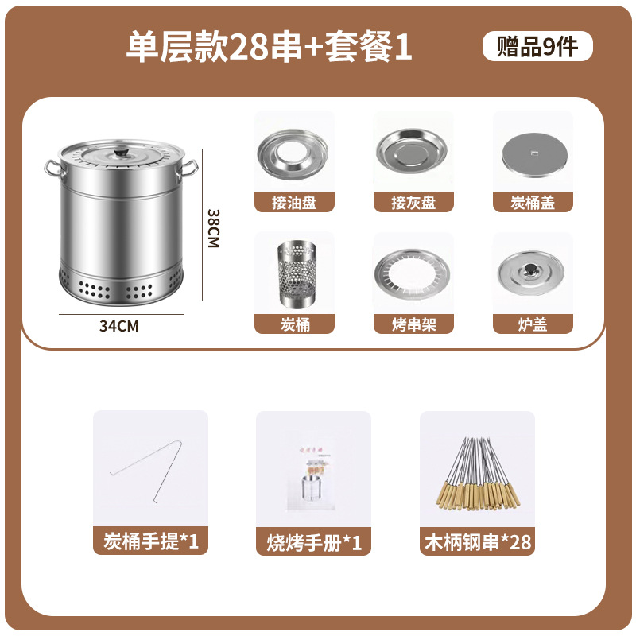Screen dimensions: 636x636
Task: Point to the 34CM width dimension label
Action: pyautogui.click(x=118, y=325)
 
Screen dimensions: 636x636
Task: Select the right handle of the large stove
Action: pyautogui.click(x=189, y=166)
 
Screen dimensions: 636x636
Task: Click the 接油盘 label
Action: pyautogui.click(x=294, y=203)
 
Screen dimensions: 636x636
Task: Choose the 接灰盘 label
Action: pyautogui.click(x=413, y=203)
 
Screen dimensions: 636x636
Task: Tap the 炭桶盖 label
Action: pyautogui.click(x=533, y=203)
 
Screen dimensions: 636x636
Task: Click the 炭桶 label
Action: pyautogui.click(x=294, y=324)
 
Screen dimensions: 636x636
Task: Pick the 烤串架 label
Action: pyautogui.click(x=413, y=324)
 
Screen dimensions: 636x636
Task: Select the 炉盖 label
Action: pyautogui.click(x=533, y=324)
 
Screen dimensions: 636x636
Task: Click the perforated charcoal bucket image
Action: pyautogui.click(x=294, y=274)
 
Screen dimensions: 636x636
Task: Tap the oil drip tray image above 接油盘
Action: pyautogui.click(x=294, y=153)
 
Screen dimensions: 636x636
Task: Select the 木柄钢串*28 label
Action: pyautogui.click(x=476, y=542)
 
